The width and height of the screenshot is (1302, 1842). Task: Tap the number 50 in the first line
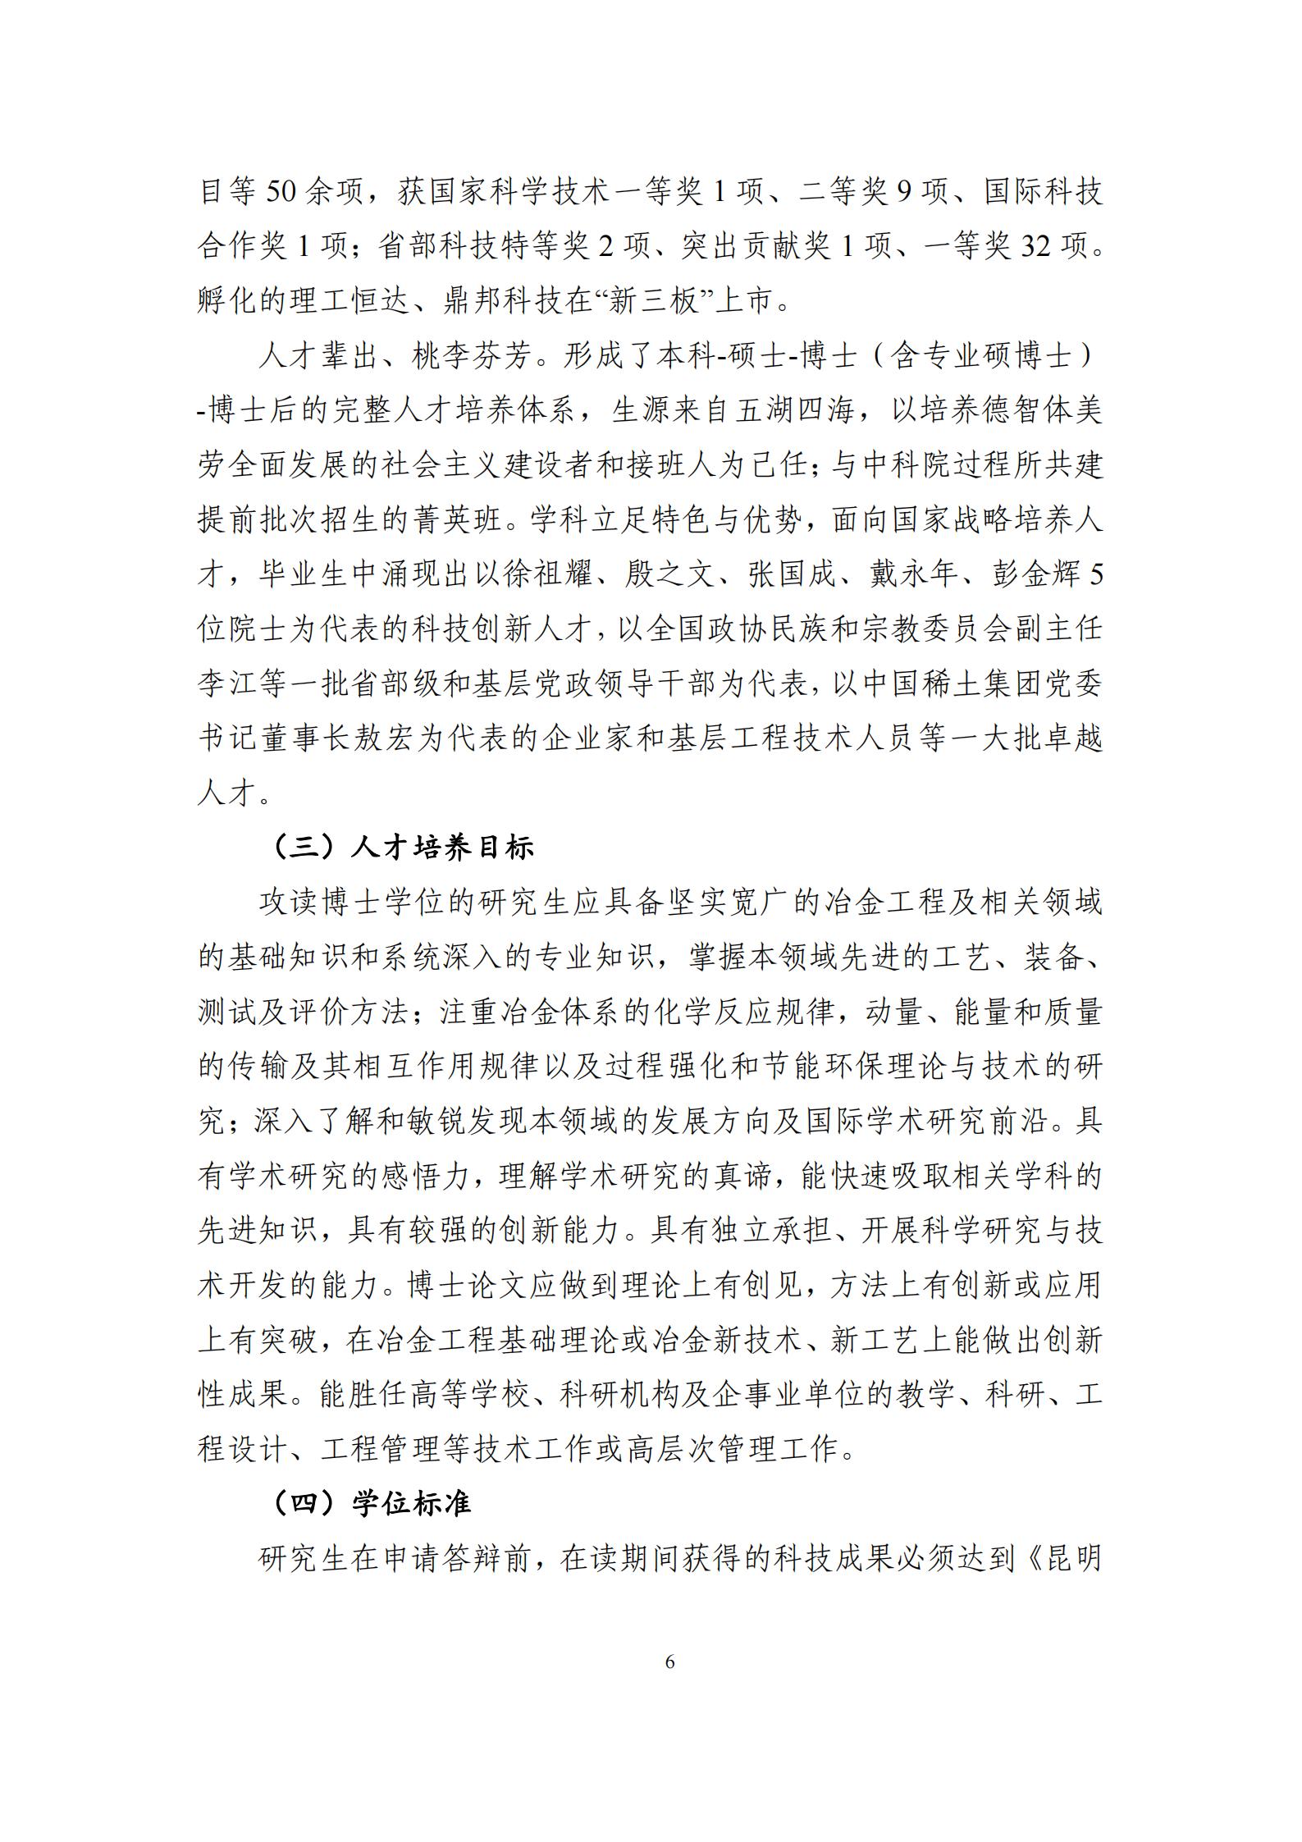283,192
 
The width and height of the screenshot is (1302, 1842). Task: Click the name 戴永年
914,574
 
